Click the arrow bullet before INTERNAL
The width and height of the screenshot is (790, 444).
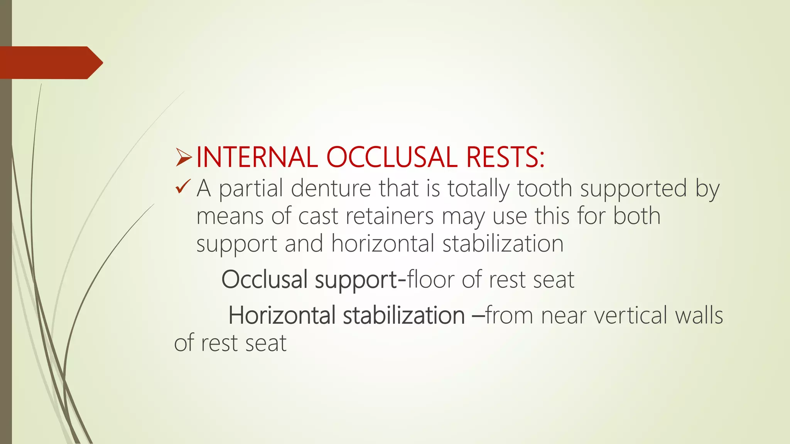pyautogui.click(x=184, y=158)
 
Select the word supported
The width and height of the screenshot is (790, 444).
pyautogui.click(x=633, y=189)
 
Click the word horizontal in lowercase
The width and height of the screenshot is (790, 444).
pyautogui.click(x=383, y=244)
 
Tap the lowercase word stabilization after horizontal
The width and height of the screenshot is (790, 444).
pyautogui.click(x=503, y=244)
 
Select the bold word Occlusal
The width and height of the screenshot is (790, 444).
pyautogui.click(x=264, y=279)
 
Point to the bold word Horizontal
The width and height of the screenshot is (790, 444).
pyautogui.click(x=282, y=315)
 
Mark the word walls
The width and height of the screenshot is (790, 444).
pyautogui.click(x=699, y=315)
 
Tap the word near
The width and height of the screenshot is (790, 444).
pyautogui.click(x=563, y=316)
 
